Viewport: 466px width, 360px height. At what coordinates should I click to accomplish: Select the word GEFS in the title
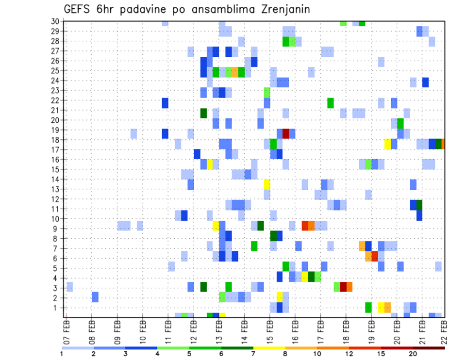pyautogui.click(x=77, y=10)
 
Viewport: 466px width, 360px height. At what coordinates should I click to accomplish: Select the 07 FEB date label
pyautogui.click(x=67, y=332)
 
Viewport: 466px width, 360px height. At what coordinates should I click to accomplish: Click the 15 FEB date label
pyautogui.click(x=268, y=332)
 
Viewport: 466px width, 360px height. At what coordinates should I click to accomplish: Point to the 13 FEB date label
pyautogui.click(x=218, y=332)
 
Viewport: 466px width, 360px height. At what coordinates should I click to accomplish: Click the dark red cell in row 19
pyautogui.click(x=286, y=133)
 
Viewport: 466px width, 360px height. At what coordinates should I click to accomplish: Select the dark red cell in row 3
pyautogui.click(x=343, y=286)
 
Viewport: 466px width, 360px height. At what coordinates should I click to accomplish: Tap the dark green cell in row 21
pyautogui.click(x=203, y=113)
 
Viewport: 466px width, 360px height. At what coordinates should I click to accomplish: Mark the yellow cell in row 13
pyautogui.click(x=267, y=184)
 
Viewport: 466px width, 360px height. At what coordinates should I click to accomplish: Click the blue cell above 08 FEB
pyautogui.click(x=95, y=297)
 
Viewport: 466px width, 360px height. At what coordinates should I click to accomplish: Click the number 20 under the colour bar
pyautogui.click(x=413, y=354)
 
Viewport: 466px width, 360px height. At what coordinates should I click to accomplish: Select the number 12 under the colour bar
pyautogui.click(x=349, y=354)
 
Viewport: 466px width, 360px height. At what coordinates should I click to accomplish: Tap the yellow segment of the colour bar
pyautogui.click(x=269, y=348)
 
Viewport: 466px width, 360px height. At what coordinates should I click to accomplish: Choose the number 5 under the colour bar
pyautogui.click(x=189, y=354)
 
